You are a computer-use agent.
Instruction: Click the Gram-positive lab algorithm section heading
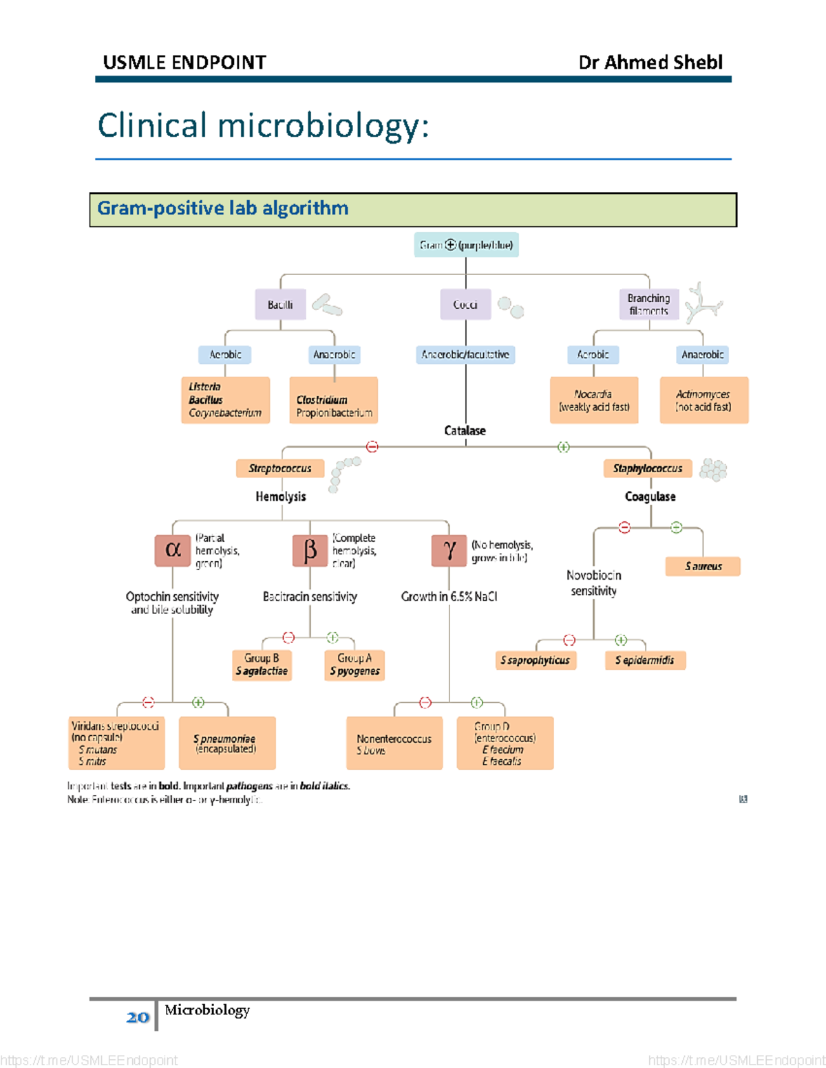(x=222, y=208)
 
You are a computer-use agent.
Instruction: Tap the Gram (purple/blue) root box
(x=466, y=245)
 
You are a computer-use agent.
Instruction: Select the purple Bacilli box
(x=280, y=305)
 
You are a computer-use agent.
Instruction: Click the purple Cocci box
(x=465, y=305)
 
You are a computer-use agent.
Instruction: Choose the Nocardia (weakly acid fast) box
(x=594, y=400)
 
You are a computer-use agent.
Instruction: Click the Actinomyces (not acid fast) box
(x=703, y=400)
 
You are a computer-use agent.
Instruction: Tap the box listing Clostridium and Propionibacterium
(x=334, y=400)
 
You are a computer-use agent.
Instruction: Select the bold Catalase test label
(x=465, y=431)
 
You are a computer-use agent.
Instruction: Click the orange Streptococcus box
(x=280, y=468)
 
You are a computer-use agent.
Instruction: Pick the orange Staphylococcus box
(x=648, y=468)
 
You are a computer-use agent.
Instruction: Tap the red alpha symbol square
(x=173, y=550)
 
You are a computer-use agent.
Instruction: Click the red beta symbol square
(x=310, y=550)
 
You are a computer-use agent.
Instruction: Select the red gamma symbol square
(x=449, y=550)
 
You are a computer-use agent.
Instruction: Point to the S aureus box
(x=703, y=566)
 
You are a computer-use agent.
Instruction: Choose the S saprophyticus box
(x=536, y=660)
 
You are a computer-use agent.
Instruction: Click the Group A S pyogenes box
(x=354, y=665)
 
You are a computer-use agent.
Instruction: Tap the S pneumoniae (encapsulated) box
(x=226, y=743)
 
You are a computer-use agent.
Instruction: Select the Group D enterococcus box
(x=505, y=743)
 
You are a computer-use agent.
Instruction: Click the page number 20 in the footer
(x=138, y=1017)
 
